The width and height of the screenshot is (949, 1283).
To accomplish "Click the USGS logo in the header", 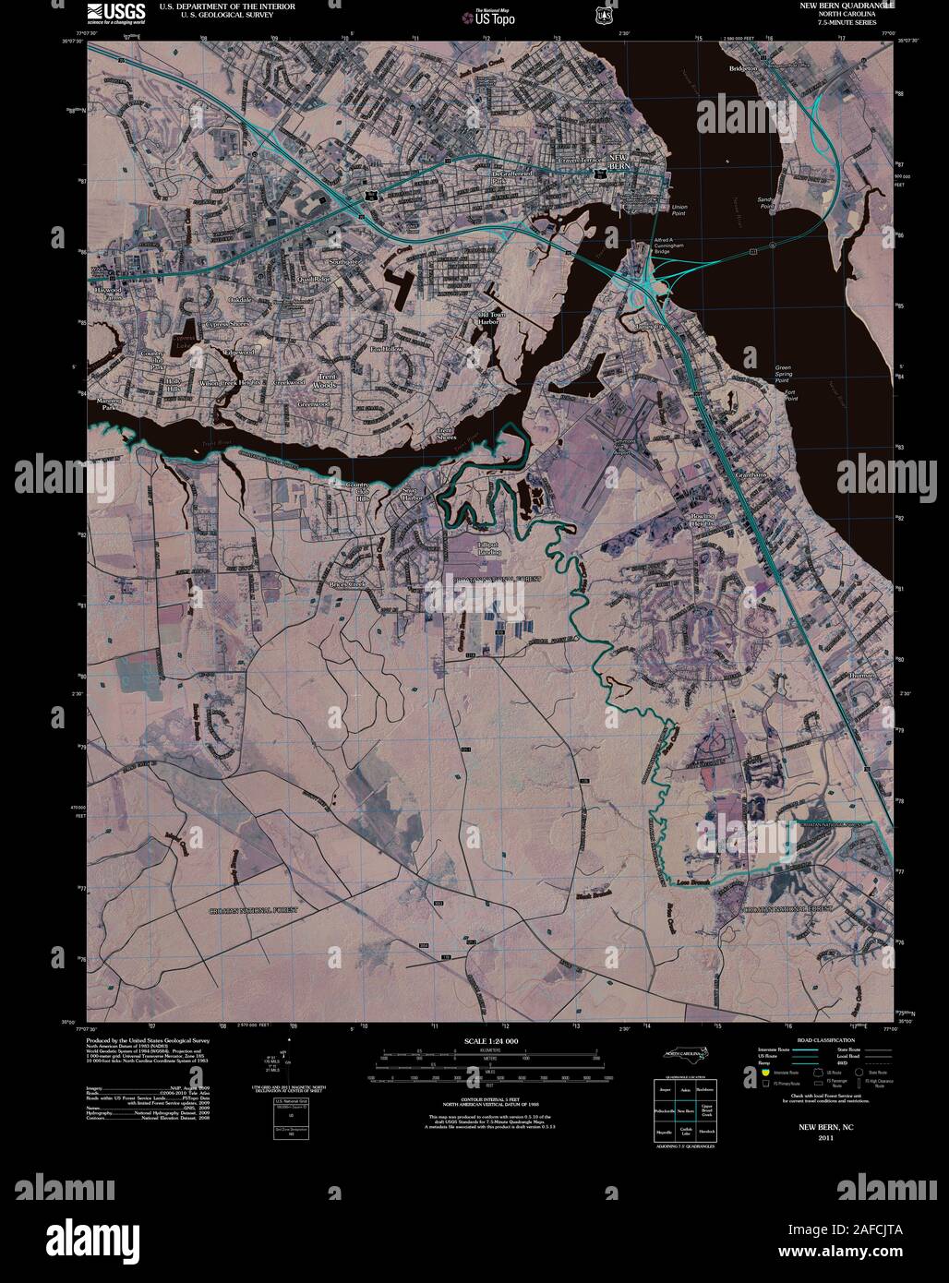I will (115, 11).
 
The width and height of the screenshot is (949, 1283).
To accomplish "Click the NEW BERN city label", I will (618, 162).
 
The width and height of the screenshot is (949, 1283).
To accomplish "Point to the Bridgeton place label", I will (742, 68).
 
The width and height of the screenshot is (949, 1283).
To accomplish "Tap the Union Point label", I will (679, 210).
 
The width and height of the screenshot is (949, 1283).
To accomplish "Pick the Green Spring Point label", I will (783, 374).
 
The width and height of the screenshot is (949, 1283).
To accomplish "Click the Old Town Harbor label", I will (489, 318).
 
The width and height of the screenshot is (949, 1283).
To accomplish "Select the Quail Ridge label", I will (314, 279).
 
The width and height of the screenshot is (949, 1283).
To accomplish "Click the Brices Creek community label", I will (353, 585).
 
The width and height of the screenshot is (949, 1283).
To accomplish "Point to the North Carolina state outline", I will (684, 1058).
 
